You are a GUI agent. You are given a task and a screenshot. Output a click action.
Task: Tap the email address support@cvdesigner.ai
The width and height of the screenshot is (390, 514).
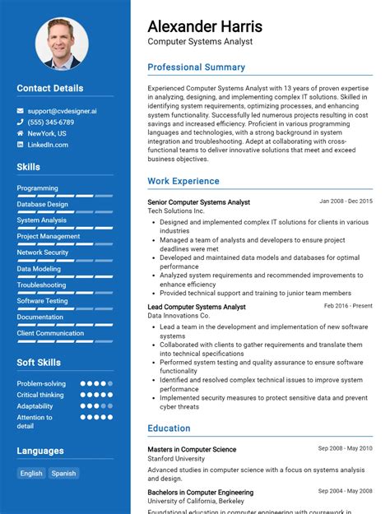click(x=62, y=110)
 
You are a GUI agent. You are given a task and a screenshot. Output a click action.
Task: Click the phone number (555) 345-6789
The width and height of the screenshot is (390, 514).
click(x=55, y=122)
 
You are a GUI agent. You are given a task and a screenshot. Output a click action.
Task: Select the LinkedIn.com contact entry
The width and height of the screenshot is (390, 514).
click(x=48, y=145)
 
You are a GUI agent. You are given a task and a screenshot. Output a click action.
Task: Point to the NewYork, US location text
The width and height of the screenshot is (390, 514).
click(x=47, y=133)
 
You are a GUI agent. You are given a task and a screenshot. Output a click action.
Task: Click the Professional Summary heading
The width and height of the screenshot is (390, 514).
click(x=196, y=67)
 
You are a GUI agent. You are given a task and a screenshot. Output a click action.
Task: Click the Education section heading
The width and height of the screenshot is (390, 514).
click(x=169, y=428)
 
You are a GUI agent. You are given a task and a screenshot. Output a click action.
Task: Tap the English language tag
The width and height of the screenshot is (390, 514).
click(x=31, y=473)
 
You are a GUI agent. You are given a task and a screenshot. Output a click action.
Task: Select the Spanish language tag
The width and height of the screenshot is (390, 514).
click(x=63, y=473)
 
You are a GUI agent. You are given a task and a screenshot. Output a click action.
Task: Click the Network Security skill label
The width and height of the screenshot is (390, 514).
click(x=43, y=252)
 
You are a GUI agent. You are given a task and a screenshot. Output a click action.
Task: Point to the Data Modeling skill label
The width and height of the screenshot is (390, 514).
click(x=39, y=269)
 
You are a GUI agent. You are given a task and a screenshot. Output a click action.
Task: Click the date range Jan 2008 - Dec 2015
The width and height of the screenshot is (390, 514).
click(x=346, y=201)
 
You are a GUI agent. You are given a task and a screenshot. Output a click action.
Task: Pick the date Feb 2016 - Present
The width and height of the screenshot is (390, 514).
click(x=348, y=306)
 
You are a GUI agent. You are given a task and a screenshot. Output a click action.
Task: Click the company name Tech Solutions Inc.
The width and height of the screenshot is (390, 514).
click(x=176, y=211)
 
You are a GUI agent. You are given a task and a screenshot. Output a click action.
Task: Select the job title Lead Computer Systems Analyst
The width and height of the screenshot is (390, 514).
click(x=197, y=307)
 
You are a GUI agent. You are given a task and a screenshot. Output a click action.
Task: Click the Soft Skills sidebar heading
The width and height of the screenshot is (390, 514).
click(x=38, y=363)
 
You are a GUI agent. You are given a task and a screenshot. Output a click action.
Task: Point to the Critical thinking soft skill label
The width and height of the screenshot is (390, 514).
click(x=40, y=395)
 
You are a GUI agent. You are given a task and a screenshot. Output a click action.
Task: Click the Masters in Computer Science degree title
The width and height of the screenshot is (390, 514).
click(x=192, y=449)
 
